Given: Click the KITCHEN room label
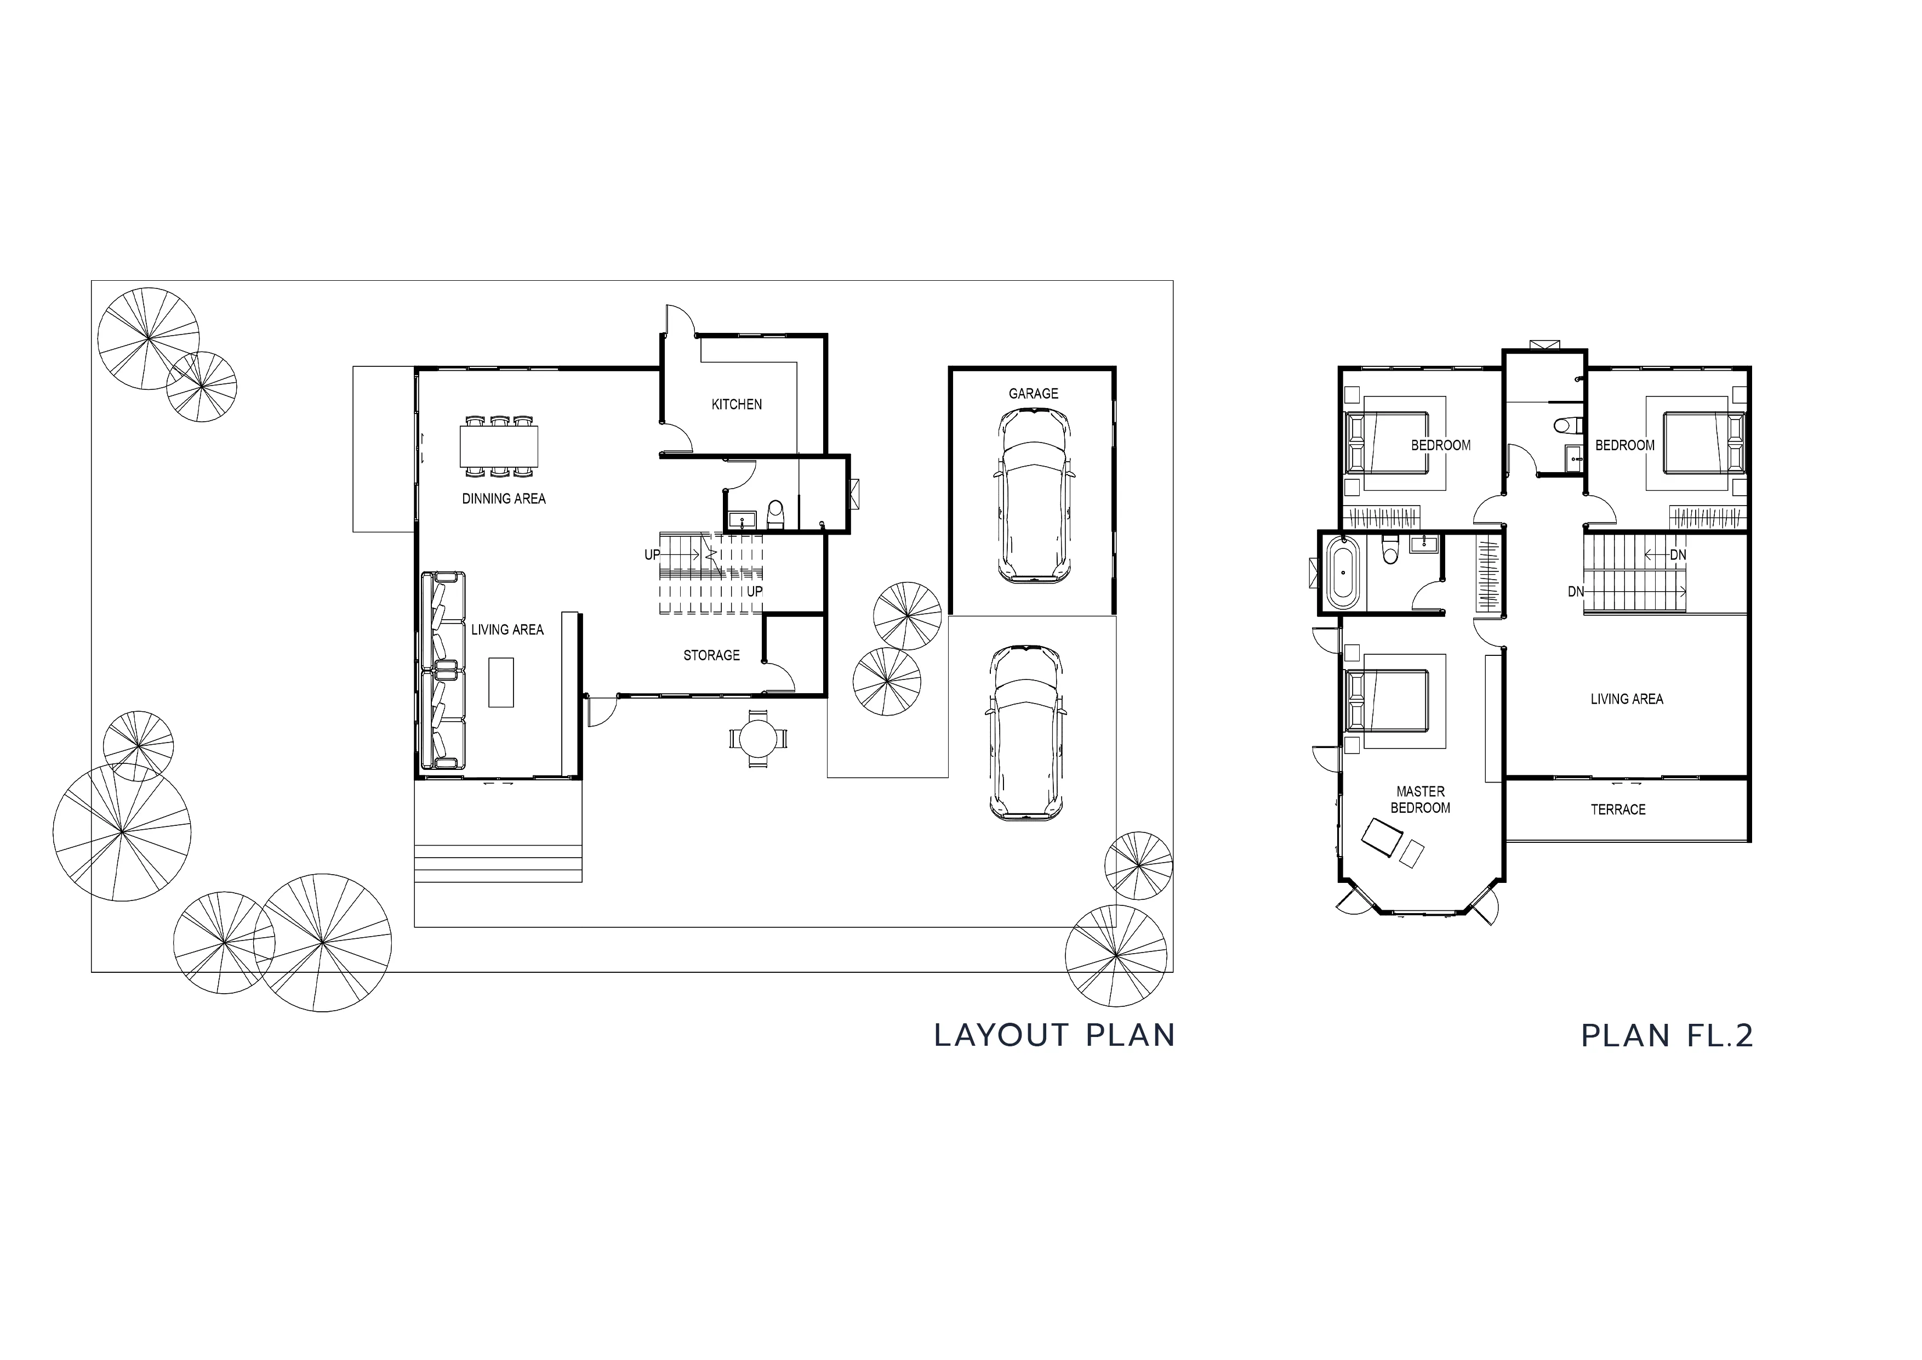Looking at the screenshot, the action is (737, 405).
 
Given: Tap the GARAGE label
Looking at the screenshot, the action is (1033, 394).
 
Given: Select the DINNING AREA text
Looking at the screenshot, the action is (504, 499).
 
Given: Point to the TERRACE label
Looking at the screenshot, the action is (1618, 810).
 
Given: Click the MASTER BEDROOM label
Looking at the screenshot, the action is (1421, 800).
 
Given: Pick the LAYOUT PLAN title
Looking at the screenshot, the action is (1055, 1036).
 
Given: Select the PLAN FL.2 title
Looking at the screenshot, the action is (1667, 1036).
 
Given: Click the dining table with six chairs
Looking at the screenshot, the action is (499, 446).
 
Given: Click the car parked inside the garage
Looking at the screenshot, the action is (1034, 495).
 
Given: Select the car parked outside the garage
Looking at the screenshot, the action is (1026, 733).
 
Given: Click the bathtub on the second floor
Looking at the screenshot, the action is (1344, 574).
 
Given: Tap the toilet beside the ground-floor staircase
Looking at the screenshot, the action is (775, 515).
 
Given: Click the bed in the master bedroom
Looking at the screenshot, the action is (1386, 700).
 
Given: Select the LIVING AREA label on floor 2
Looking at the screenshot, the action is (1627, 699).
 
